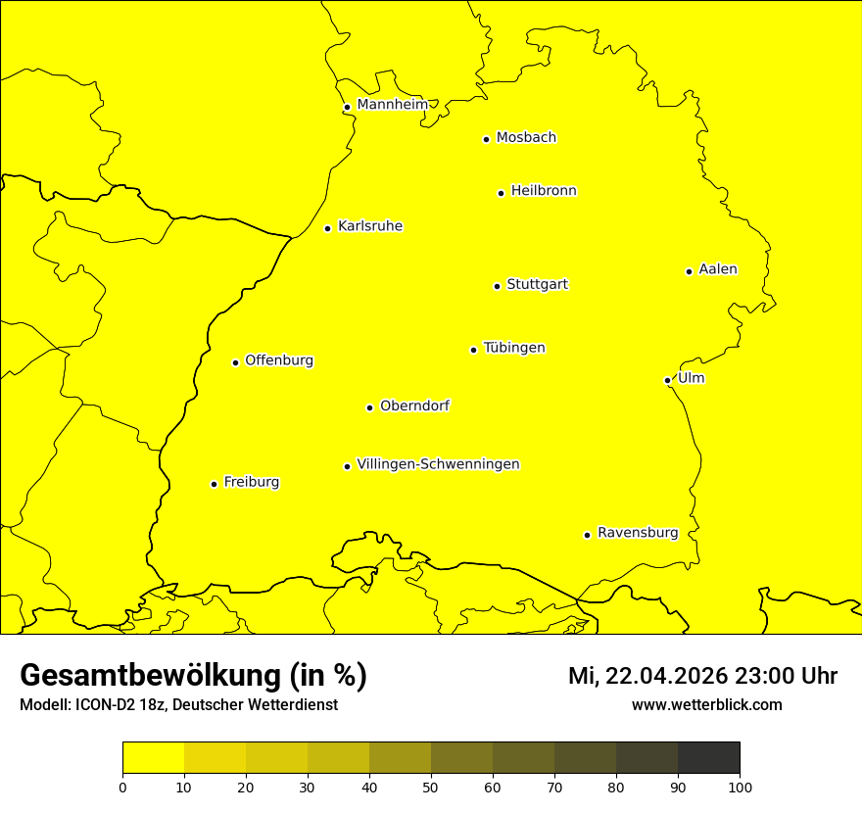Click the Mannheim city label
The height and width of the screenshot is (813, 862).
[x=392, y=105]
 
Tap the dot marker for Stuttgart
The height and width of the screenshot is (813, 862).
[x=497, y=286]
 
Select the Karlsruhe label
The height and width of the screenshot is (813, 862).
[x=369, y=226]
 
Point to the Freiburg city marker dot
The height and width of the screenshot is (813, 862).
[x=214, y=484]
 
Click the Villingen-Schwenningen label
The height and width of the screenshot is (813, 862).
[x=438, y=464]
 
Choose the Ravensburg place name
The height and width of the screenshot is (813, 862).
[x=637, y=533]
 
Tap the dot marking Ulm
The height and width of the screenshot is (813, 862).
[x=667, y=380]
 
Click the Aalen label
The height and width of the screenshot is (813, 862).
[x=717, y=269]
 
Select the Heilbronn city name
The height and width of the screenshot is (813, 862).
[x=543, y=191]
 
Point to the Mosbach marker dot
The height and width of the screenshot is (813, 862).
[x=486, y=139]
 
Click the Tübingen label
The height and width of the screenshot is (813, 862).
[x=513, y=348]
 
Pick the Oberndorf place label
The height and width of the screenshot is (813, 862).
[x=414, y=406]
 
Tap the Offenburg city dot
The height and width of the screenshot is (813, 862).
[x=235, y=362]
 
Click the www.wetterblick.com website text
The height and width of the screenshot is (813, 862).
[x=706, y=705]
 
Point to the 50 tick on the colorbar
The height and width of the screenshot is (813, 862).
[x=431, y=786]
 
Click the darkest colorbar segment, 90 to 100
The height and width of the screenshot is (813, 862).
[x=708, y=758]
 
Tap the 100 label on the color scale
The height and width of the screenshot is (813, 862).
[x=740, y=787]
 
